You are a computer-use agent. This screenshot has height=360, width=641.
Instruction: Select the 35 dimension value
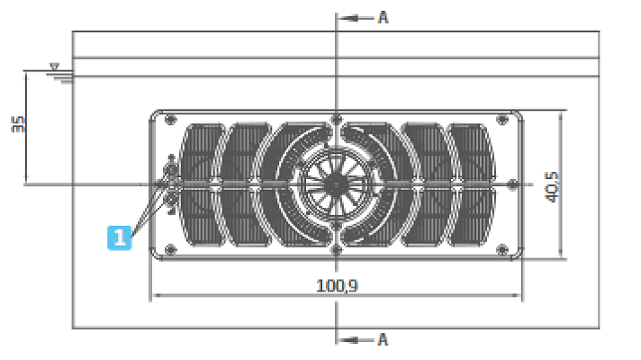pos(18,123)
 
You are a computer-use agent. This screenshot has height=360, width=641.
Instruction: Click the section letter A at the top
pos(383,17)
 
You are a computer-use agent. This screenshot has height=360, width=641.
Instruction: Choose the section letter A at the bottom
pos(383,339)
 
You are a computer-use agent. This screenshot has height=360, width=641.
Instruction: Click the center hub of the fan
pos(335,184)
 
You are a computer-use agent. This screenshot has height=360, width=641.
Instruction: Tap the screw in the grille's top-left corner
pos(171,119)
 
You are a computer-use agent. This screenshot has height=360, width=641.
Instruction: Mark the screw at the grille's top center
pos(335,119)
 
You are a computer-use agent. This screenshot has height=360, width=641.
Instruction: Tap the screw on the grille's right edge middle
pos(511,184)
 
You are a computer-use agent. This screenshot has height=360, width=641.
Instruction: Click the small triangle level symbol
pos(55,67)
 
